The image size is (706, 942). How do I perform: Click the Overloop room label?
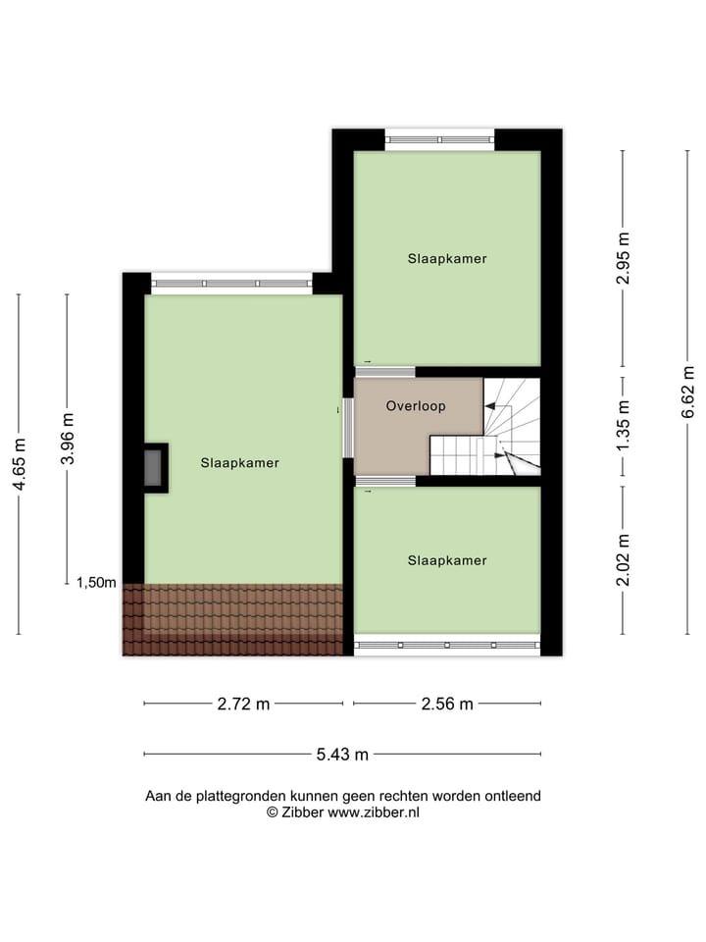[x=416, y=405]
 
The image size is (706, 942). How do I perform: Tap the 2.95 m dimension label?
[x=622, y=259]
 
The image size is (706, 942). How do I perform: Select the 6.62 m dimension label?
[x=688, y=392]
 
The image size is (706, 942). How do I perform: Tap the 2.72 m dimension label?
[x=244, y=704]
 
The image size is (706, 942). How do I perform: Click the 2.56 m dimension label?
[x=447, y=704]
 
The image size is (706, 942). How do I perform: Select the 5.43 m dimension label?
[x=342, y=754]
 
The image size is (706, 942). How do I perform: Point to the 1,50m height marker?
[x=96, y=582]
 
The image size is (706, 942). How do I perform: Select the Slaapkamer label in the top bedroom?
[x=447, y=259]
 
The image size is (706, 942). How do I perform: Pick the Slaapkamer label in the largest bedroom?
[x=240, y=463]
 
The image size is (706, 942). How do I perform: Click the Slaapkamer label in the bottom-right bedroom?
[x=447, y=560]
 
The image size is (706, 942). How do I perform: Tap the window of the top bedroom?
[x=439, y=139]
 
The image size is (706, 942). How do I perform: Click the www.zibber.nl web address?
[x=374, y=812]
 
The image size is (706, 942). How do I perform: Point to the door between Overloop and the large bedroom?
[x=347, y=427]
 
